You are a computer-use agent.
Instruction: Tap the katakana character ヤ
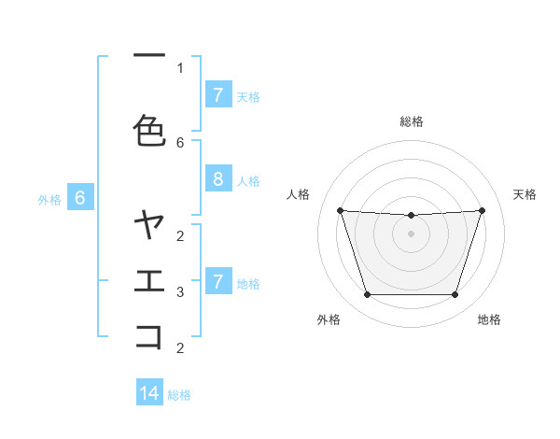point(149,225)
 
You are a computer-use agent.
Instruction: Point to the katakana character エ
point(149,281)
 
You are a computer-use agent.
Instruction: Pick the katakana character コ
point(149,337)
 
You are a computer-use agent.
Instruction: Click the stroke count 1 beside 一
point(180,67)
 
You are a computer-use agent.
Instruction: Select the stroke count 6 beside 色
point(180,142)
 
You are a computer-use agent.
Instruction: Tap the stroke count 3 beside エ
point(180,292)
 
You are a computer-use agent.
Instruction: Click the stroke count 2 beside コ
point(180,348)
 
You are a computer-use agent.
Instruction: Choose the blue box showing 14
point(149,393)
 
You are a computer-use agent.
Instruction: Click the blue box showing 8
point(217,179)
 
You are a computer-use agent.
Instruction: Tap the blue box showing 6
point(80,198)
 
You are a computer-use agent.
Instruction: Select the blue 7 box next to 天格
point(217,95)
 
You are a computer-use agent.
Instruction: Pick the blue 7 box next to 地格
point(217,281)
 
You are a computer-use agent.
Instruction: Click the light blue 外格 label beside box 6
point(49,199)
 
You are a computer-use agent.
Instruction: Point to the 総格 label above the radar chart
point(412,121)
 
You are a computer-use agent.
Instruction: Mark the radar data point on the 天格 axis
point(482,210)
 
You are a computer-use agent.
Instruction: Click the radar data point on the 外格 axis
point(367,295)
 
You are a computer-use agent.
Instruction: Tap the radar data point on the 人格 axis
point(340,210)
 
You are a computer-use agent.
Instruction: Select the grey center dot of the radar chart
point(411,234)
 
